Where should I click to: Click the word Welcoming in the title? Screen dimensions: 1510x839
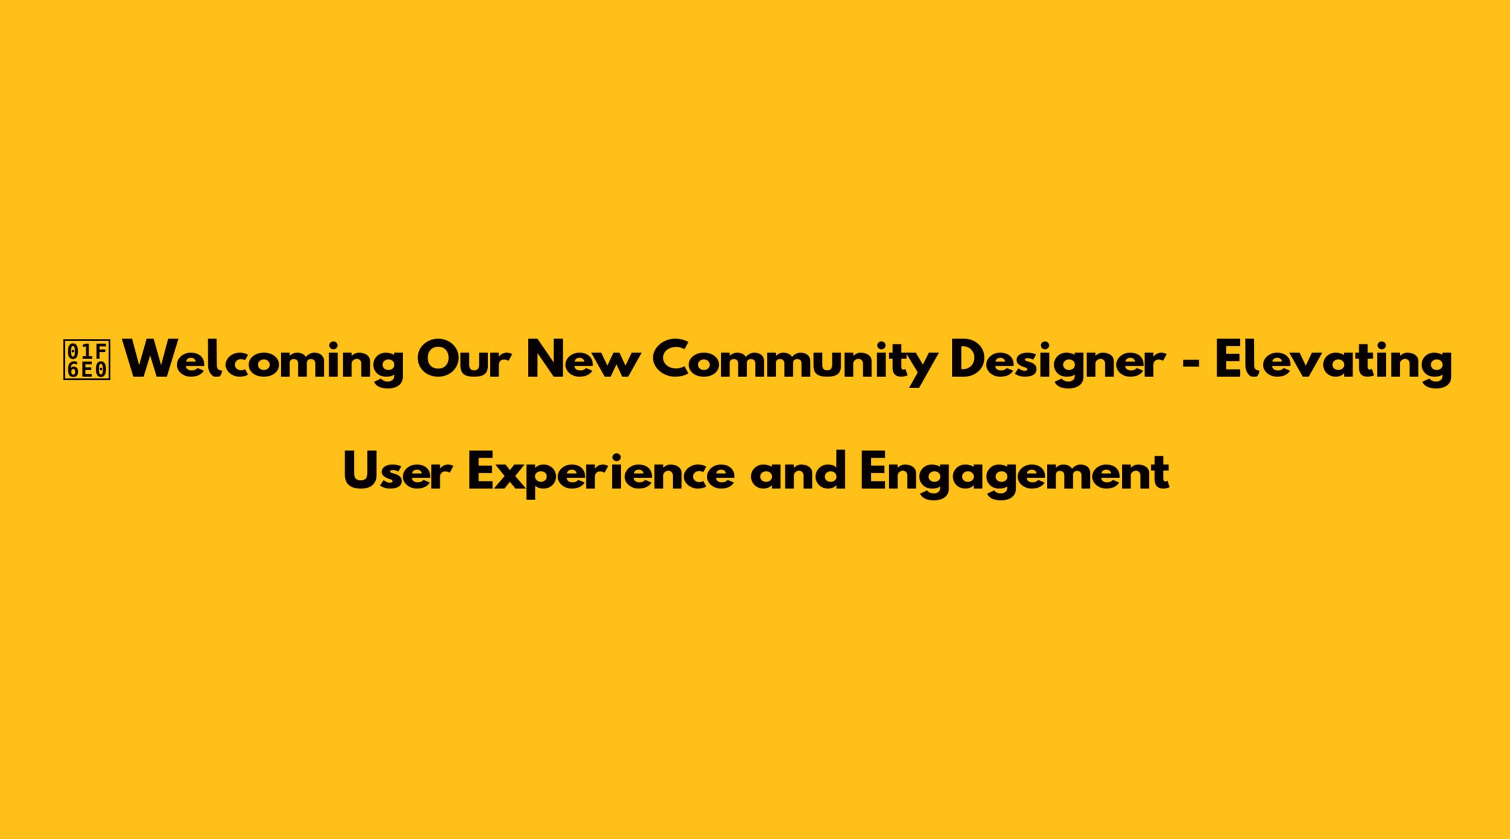coord(266,362)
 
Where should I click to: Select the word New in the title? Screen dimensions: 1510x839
coord(581,360)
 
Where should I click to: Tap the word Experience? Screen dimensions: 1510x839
coord(601,474)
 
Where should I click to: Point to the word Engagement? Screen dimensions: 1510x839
coord(1014,474)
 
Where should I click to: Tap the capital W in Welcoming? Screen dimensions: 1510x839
coord(157,360)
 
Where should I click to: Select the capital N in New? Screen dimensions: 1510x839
coord(544,360)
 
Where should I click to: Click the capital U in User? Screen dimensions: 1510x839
coord(360,471)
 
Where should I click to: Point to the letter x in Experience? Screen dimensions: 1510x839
coord(516,476)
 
